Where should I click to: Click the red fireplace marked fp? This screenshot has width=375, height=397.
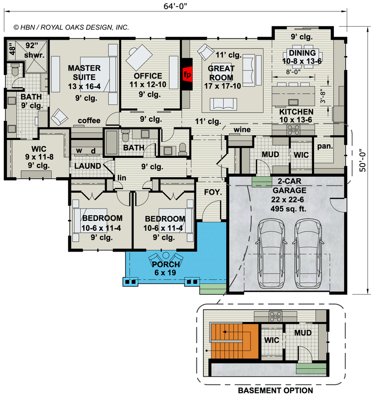coord(187,74)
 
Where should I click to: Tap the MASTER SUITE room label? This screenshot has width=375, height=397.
coord(84,72)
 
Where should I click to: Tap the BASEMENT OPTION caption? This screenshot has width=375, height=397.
coord(275,391)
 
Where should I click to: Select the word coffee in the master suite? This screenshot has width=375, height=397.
coord(89,121)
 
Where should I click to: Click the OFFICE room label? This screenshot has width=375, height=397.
coord(148,76)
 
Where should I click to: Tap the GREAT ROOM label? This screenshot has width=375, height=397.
coord(221,73)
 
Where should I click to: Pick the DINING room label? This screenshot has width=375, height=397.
coord(302,53)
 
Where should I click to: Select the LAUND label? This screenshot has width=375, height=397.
coord(88,166)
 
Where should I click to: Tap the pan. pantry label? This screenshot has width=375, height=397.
coord(325,146)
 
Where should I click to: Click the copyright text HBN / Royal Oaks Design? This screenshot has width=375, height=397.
coord(71,28)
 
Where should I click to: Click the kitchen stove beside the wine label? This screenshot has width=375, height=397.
coord(292,129)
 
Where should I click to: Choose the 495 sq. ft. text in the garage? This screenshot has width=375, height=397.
coord(288,207)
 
